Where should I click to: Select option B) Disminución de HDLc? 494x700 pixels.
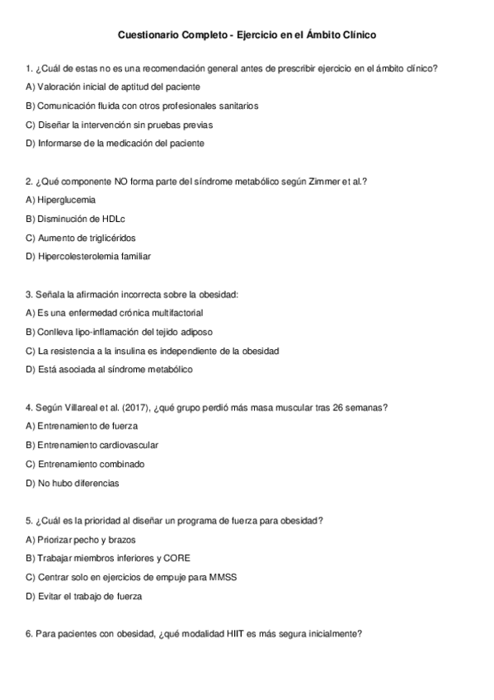(75, 219)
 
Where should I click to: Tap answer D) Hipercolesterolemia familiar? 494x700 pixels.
(88, 256)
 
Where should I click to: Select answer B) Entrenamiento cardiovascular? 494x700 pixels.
(92, 445)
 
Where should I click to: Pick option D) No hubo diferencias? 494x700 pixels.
(72, 482)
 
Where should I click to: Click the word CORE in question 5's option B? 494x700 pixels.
(178, 557)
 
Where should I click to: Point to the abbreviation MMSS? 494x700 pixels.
(223, 576)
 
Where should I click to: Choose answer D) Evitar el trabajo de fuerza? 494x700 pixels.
(83, 595)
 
